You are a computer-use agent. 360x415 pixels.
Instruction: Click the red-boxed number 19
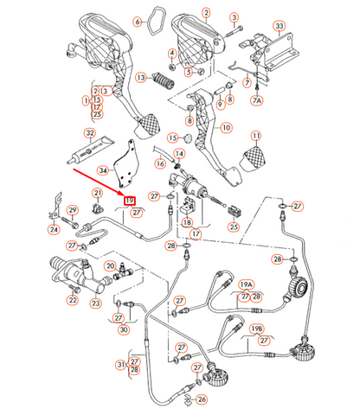131,201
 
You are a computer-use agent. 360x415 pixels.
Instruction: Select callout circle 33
280,26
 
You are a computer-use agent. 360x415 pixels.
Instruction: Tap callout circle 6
138,21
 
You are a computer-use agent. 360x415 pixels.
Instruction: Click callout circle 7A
256,101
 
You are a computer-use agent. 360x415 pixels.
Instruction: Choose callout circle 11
256,137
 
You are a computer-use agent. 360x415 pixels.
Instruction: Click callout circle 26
202,399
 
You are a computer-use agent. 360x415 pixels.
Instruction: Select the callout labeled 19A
246,284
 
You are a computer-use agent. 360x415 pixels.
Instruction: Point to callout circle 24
54,230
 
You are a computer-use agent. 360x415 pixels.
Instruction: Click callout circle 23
96,302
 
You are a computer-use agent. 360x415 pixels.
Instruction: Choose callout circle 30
124,329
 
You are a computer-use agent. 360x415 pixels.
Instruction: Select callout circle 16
160,163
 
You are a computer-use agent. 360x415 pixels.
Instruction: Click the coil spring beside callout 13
162,85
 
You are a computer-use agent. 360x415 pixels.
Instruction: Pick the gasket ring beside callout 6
157,16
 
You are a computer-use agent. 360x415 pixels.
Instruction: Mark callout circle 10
226,128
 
